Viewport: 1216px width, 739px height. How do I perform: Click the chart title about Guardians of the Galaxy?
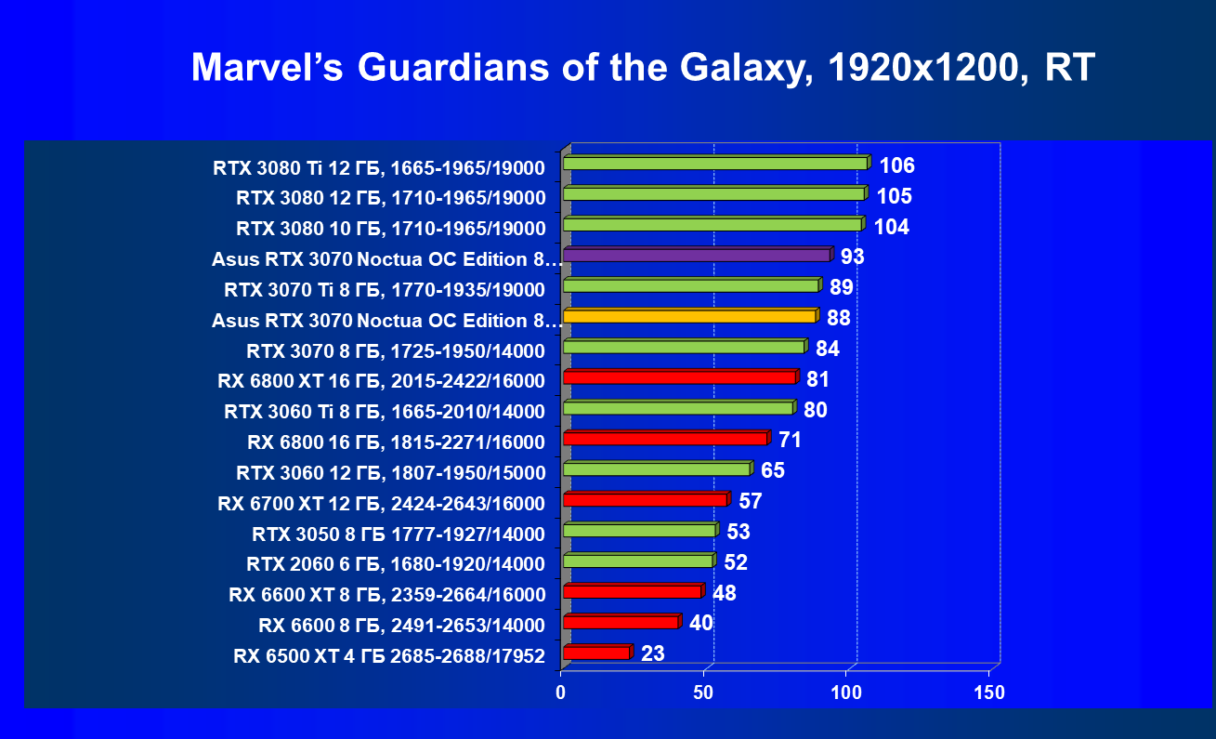click(x=643, y=69)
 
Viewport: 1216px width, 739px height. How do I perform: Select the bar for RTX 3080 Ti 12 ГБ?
click(x=715, y=164)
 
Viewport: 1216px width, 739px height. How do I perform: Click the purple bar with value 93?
click(x=697, y=255)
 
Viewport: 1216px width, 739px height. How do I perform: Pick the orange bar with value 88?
click(x=689, y=316)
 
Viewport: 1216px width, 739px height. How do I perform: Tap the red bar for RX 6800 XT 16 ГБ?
click(x=679, y=377)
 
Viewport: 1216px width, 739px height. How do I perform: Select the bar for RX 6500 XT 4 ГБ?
click(x=596, y=653)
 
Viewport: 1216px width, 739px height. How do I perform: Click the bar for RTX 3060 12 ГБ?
click(x=656, y=468)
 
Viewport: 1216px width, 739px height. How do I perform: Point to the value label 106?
click(x=896, y=166)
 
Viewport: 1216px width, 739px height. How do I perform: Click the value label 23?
click(x=653, y=653)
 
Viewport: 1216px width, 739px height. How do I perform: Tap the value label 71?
click(x=790, y=440)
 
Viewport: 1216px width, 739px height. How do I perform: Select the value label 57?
click(x=751, y=501)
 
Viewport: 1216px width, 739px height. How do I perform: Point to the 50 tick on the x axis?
click(x=703, y=693)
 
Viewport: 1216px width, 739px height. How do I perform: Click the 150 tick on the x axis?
click(x=988, y=693)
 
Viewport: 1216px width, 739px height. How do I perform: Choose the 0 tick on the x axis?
click(x=561, y=693)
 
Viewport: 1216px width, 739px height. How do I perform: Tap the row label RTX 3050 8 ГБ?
click(x=399, y=534)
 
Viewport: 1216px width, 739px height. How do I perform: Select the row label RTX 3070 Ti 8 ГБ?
click(x=385, y=289)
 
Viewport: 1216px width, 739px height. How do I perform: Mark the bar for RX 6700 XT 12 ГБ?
click(x=645, y=499)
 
